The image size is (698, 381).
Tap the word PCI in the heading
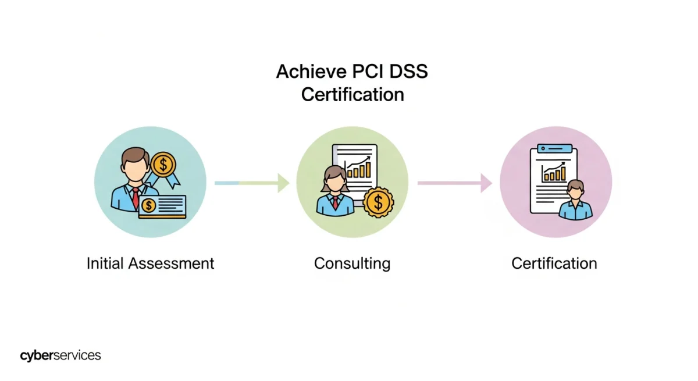(364, 72)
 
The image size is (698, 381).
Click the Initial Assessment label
(150, 263)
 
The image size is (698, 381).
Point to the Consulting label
(352, 264)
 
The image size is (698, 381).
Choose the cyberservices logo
(60, 355)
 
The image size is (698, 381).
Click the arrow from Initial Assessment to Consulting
(252, 183)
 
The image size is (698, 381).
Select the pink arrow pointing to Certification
(454, 183)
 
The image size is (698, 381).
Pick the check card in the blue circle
(162, 206)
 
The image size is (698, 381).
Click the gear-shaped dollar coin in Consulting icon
(379, 202)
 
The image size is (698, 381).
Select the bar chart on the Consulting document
(359, 168)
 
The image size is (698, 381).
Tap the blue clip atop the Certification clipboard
(554, 148)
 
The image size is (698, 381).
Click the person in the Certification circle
(575, 201)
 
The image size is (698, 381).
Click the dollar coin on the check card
(149, 205)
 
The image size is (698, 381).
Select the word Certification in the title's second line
(352, 94)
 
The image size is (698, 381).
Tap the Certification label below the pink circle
(554, 264)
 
